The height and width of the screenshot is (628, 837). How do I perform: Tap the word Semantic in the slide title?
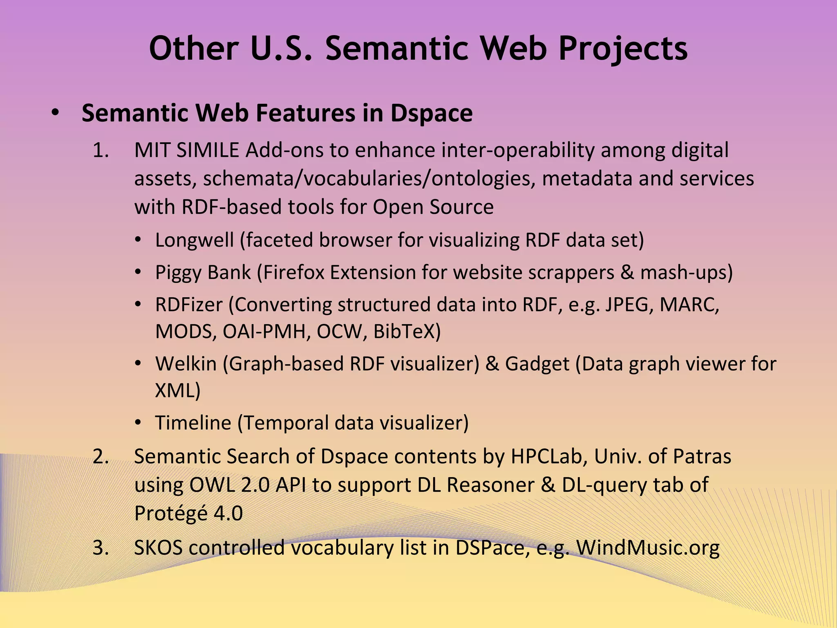coord(396,48)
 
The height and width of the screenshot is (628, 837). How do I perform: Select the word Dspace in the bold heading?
coord(432,113)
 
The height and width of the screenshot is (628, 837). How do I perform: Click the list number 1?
coord(101,150)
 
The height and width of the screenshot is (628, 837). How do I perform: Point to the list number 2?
coord(101,457)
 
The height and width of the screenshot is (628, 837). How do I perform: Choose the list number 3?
coord(101,548)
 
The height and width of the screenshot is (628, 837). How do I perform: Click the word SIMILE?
coord(208,150)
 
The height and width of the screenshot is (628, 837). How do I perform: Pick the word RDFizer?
coord(189,305)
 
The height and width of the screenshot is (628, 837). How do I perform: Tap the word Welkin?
coord(186,364)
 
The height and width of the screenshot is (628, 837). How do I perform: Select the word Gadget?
coord(537,364)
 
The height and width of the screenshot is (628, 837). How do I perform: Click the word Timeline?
coord(193,423)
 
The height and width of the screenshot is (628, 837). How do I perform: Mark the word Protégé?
coord(171,514)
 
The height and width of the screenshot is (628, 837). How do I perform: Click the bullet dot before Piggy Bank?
coord(139,272)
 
